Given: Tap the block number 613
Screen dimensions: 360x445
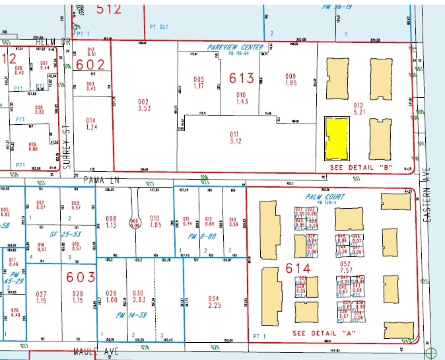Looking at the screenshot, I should (242, 78).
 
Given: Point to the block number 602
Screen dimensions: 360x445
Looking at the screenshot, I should (90, 65).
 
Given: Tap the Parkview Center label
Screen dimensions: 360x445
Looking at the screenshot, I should (235, 47).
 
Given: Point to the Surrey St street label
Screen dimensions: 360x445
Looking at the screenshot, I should (66, 141).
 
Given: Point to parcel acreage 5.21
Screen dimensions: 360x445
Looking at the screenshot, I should (359, 112).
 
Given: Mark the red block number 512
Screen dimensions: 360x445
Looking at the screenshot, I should (109, 9).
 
